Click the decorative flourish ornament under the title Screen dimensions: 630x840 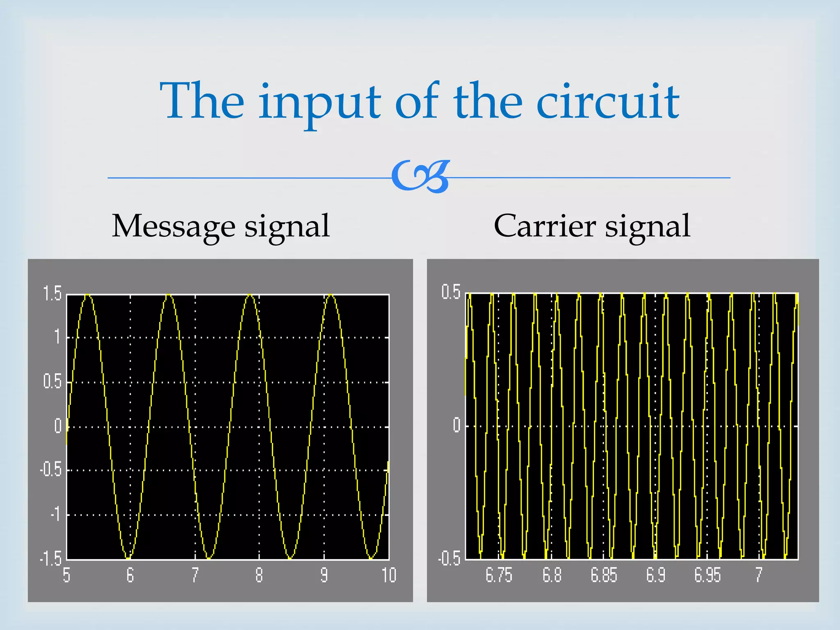pos(420,177)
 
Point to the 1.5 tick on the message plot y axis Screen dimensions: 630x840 pos(52,294)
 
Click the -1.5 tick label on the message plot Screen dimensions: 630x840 pos(50,559)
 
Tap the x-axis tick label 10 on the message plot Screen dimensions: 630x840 pos(389,575)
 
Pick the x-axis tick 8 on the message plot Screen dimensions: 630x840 pos(259,575)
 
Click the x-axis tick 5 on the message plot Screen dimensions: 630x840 pos(66,575)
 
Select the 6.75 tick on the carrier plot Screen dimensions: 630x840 pos(499,575)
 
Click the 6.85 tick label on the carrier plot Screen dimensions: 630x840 pos(604,575)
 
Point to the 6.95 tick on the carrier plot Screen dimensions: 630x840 pos(708,575)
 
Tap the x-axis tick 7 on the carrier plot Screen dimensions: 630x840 pos(759,575)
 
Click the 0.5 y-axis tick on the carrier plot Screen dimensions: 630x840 pos(451,292)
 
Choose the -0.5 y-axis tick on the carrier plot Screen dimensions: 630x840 pos(449,559)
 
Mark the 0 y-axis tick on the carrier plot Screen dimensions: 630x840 pos(457,425)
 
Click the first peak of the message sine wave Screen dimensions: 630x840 pos(88,295)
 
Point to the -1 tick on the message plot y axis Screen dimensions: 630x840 pos(56,514)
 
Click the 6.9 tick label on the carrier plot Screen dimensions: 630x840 pos(655,575)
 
